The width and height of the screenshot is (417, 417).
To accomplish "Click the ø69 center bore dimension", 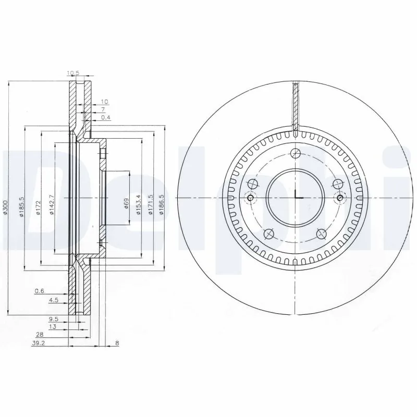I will [127, 202].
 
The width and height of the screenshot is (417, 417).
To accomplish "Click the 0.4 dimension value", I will [105, 118].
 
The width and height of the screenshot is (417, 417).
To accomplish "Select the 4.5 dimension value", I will [53, 300].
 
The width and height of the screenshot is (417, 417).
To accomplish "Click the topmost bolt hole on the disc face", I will [296, 153].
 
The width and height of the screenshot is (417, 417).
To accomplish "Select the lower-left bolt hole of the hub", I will [268, 234].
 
